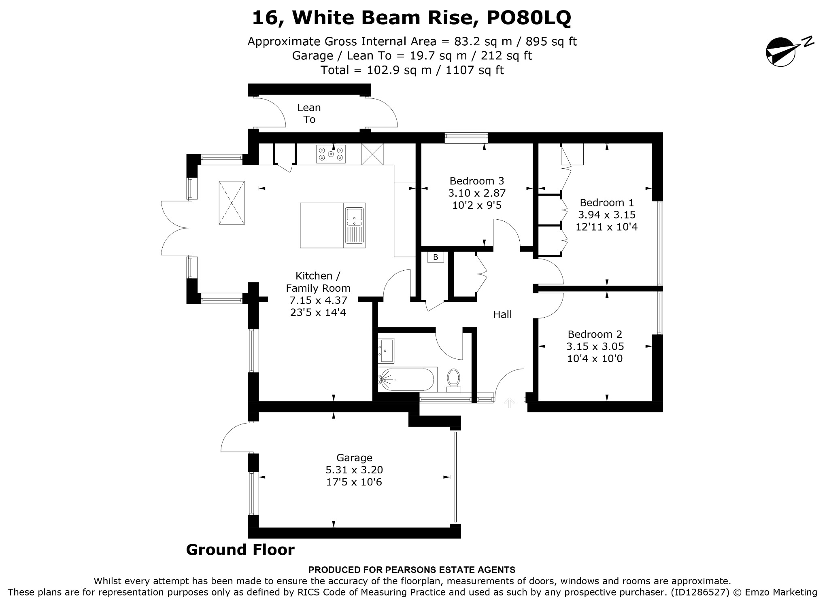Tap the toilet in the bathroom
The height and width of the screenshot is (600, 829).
453,380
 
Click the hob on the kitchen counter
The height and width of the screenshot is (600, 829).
331,154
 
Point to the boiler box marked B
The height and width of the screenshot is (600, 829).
436,257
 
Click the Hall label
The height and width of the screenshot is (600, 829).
502,314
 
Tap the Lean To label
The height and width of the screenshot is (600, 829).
309,113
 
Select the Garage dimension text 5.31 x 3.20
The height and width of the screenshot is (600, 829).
354,470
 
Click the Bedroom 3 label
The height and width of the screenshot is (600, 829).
477,181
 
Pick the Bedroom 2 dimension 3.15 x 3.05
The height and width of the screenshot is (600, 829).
595,346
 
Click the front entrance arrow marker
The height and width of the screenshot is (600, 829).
509,403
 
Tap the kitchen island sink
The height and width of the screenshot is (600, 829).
355,225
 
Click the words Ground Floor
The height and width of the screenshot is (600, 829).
240,550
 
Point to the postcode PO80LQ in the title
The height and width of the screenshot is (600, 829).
529,18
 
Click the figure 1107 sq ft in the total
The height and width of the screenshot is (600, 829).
474,70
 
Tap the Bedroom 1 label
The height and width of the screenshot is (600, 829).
607,203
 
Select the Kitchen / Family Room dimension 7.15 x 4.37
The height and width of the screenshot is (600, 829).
318,300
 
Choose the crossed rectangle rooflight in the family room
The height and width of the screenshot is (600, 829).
232,203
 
